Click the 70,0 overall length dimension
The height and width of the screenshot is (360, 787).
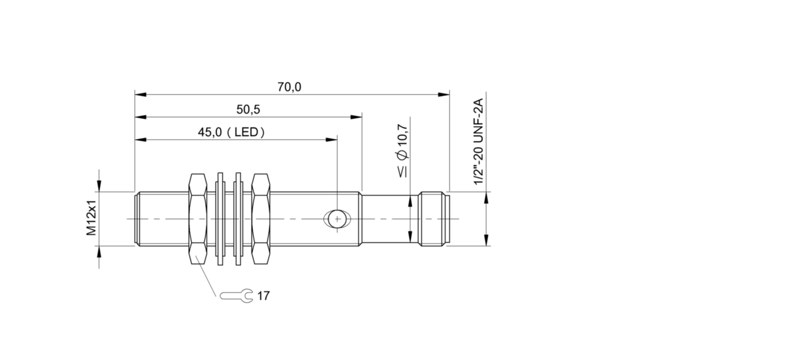tap(289, 87)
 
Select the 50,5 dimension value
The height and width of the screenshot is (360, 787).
tap(248, 110)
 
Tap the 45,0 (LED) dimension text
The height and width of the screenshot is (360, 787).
tap(231, 132)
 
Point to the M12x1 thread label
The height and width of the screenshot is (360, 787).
tap(91, 217)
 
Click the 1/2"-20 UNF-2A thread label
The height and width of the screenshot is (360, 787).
tap(478, 141)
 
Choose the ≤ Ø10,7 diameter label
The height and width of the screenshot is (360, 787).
tap(403, 151)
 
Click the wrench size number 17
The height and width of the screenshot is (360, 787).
tap(263, 296)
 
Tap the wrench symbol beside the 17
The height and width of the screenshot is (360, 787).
tap(236, 296)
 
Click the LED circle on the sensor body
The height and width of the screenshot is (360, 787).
tap(337, 219)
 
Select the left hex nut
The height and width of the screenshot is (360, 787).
tap(197, 219)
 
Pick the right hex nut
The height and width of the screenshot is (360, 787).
tap(261, 219)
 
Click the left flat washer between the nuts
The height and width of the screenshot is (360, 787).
tap(220, 219)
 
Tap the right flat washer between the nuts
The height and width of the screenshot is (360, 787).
tap(238, 219)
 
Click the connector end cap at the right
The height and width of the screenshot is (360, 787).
tap(433, 219)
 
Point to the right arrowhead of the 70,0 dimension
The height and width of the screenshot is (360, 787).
tap(444, 95)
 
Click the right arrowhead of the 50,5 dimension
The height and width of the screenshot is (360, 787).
tap(356, 117)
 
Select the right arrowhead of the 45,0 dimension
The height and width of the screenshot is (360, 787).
tap(331, 140)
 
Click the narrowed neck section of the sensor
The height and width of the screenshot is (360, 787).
tap(390, 219)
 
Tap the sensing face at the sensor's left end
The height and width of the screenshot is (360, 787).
tap(137, 219)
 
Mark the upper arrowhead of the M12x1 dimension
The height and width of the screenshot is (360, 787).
tap(99, 186)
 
